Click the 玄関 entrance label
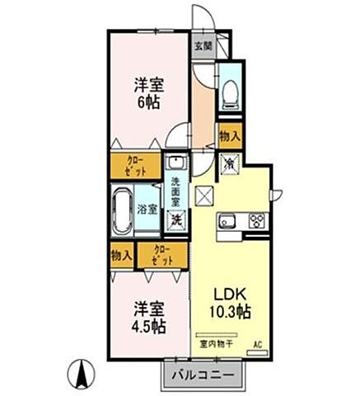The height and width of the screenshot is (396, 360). pyautogui.click(x=203, y=46)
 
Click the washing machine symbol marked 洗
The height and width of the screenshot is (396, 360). pyautogui.click(x=176, y=219)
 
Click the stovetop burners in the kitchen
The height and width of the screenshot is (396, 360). pyautogui.click(x=255, y=220)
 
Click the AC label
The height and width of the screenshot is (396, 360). pyautogui.click(x=258, y=344)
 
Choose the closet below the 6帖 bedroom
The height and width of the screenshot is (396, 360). pyautogui.click(x=136, y=165)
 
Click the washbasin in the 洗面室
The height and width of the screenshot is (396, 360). pyautogui.click(x=175, y=163)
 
